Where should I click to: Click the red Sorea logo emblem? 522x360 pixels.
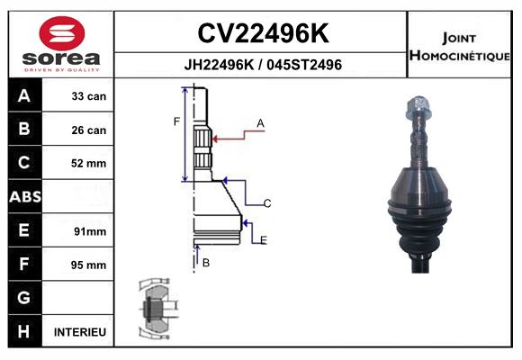click(62, 33)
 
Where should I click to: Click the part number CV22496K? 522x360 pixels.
click(263, 33)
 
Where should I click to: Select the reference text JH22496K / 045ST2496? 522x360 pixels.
click(263, 65)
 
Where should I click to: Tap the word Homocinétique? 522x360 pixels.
click(459, 55)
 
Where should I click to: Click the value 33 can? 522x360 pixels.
click(89, 96)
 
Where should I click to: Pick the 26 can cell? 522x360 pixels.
click(89, 130)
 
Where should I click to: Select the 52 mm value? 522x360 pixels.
click(88, 163)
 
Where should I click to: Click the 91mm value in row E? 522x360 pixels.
click(90, 231)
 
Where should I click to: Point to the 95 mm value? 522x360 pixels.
click(88, 265)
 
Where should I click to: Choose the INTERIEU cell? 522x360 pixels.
click(80, 332)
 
